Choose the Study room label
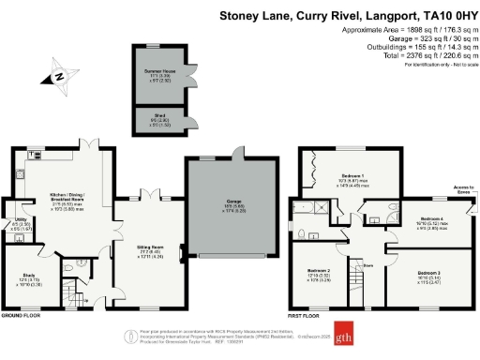click(x=27, y=278)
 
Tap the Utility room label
click(x=21, y=224)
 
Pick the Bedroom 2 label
click(x=317, y=273)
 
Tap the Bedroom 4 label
click(x=427, y=219)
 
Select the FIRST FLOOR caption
click(x=309, y=316)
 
